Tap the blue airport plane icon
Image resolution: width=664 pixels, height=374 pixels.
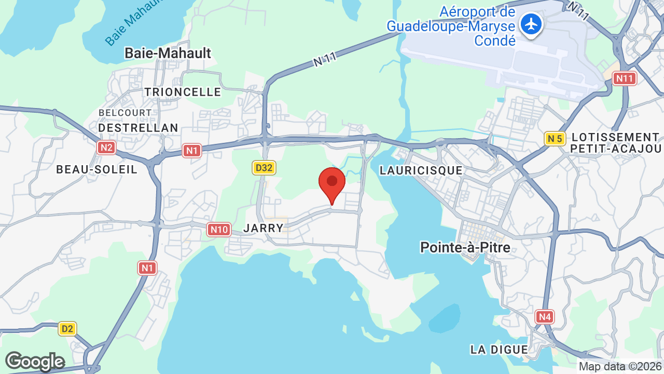(x=531, y=24)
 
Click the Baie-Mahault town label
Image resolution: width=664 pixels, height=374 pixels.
(x=168, y=53)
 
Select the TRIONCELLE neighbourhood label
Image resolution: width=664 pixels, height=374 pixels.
(x=183, y=92)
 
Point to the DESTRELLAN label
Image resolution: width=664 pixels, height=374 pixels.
(x=138, y=128)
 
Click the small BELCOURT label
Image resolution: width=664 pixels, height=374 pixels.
(x=125, y=113)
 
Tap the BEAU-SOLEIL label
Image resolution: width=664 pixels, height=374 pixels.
(x=96, y=169)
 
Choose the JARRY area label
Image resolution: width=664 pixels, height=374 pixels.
(x=264, y=228)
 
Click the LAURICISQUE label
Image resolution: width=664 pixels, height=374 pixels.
(x=421, y=170)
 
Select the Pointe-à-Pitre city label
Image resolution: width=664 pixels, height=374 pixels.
(x=465, y=247)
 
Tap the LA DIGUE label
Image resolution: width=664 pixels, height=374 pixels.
(x=499, y=350)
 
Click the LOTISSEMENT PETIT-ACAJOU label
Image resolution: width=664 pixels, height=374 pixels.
(x=615, y=143)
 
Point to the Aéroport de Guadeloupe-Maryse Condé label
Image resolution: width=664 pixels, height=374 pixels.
(x=451, y=26)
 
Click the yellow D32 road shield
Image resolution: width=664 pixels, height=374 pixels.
(x=264, y=167)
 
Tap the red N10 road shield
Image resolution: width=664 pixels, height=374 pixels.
(x=219, y=229)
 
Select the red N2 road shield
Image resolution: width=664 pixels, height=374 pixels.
(x=106, y=148)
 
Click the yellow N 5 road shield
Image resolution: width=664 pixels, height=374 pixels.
(x=555, y=138)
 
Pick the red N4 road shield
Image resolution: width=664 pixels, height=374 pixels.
(x=545, y=316)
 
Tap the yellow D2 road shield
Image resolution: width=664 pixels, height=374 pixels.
(x=67, y=328)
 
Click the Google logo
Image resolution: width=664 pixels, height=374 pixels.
(x=35, y=362)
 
